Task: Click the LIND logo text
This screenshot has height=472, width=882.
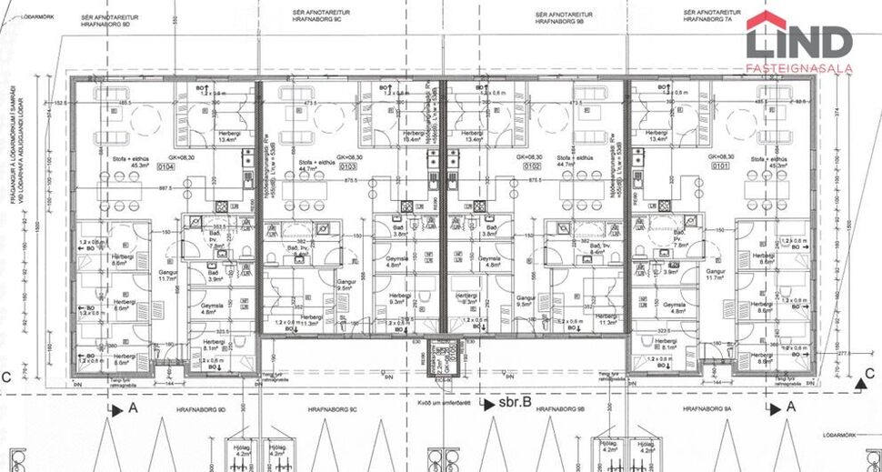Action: coord(799,43)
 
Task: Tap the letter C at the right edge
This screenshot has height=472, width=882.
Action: coord(869,373)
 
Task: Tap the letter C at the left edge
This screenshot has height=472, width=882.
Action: coord(7,377)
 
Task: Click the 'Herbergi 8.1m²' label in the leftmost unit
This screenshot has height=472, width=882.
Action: coord(210,344)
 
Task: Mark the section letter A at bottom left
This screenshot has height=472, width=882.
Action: coord(134,409)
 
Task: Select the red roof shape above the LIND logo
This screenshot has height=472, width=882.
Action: coord(767,20)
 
